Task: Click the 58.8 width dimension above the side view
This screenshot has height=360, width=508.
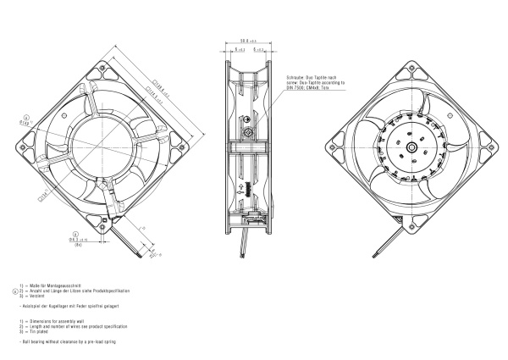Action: (247, 40)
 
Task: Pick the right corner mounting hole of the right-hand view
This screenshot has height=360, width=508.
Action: (491, 147)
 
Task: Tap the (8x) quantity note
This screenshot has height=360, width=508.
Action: (78, 245)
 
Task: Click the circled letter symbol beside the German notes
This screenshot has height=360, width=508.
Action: (14, 291)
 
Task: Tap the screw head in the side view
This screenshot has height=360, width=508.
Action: (247, 133)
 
